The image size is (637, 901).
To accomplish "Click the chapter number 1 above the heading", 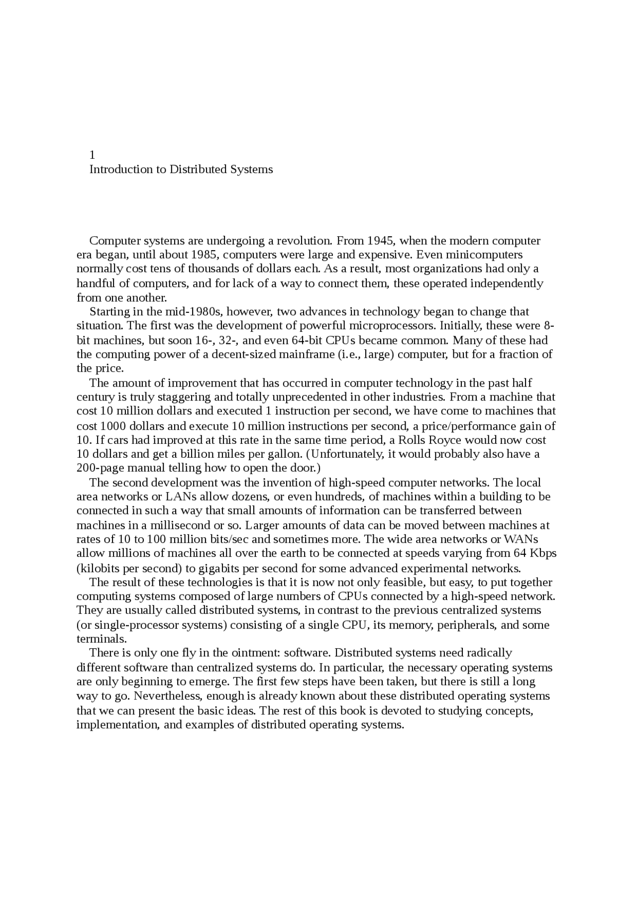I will pos(92,155).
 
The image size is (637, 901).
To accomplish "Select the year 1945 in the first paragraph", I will pos(381,241).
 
